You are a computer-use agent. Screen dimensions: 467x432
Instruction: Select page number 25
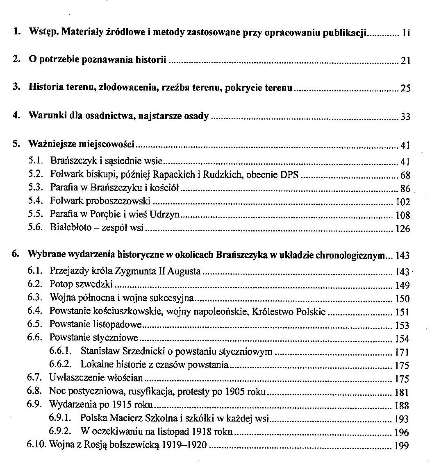tap(405, 88)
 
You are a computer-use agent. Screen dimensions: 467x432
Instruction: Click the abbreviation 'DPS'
tap(289, 175)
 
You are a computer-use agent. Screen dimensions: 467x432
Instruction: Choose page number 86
tap(405, 189)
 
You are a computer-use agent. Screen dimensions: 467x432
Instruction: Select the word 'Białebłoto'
tap(70, 228)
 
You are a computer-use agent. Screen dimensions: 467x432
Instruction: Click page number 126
tap(403, 229)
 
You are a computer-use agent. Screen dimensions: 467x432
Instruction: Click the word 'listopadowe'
tap(119, 325)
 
